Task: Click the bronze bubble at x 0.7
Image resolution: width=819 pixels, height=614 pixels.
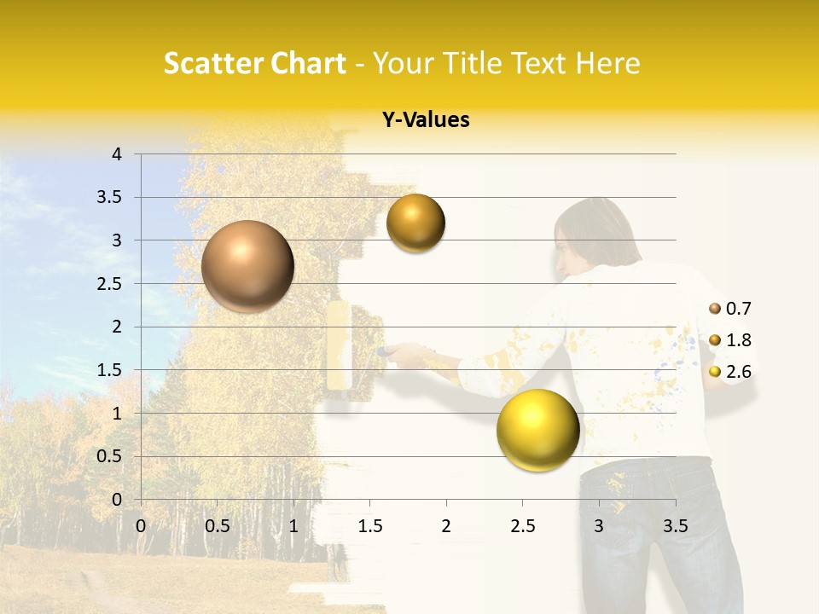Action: click(x=248, y=266)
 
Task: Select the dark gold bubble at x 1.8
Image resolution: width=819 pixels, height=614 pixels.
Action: click(x=415, y=223)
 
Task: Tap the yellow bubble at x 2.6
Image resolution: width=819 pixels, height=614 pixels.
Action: click(x=537, y=431)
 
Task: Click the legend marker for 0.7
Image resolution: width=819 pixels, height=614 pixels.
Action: click(x=715, y=309)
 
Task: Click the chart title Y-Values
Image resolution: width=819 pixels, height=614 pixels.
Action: click(x=426, y=120)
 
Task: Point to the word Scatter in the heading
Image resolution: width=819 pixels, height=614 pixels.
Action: click(x=212, y=63)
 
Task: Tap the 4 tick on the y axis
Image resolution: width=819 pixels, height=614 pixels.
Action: click(x=117, y=154)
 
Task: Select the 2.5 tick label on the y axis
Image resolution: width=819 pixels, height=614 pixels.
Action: click(x=109, y=284)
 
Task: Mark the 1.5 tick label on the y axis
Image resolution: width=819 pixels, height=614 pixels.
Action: click(x=109, y=370)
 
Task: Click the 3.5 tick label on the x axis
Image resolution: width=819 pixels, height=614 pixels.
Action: click(x=675, y=526)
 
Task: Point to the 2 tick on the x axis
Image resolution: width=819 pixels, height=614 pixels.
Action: click(x=445, y=526)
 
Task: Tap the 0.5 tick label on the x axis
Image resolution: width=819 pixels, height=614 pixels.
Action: click(x=218, y=526)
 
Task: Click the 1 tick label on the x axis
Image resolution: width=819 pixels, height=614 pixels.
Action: click(x=293, y=526)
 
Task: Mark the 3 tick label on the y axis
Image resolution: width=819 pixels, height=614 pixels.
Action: click(x=117, y=240)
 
